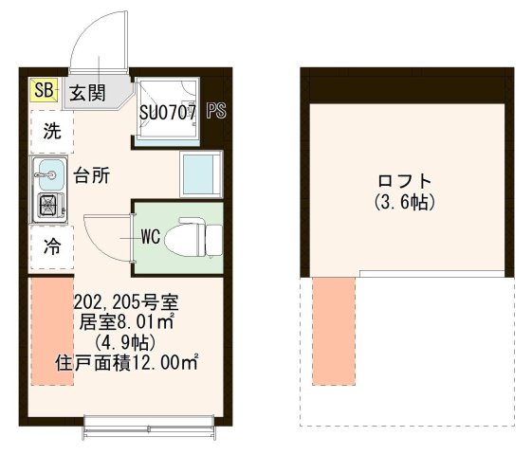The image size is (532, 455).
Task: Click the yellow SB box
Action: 42,91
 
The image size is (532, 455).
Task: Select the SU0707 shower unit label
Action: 168,112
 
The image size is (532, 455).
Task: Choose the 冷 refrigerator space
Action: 48,252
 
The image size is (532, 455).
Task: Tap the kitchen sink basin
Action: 48,173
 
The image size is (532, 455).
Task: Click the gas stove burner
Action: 47,205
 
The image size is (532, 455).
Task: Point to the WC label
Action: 149,235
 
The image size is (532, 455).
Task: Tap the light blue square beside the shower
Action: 201,174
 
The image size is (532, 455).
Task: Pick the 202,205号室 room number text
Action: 126,304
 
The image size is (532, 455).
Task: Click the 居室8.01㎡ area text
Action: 126,323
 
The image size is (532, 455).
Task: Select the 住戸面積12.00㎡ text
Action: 126,362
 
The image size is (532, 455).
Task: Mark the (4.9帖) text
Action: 126,342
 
